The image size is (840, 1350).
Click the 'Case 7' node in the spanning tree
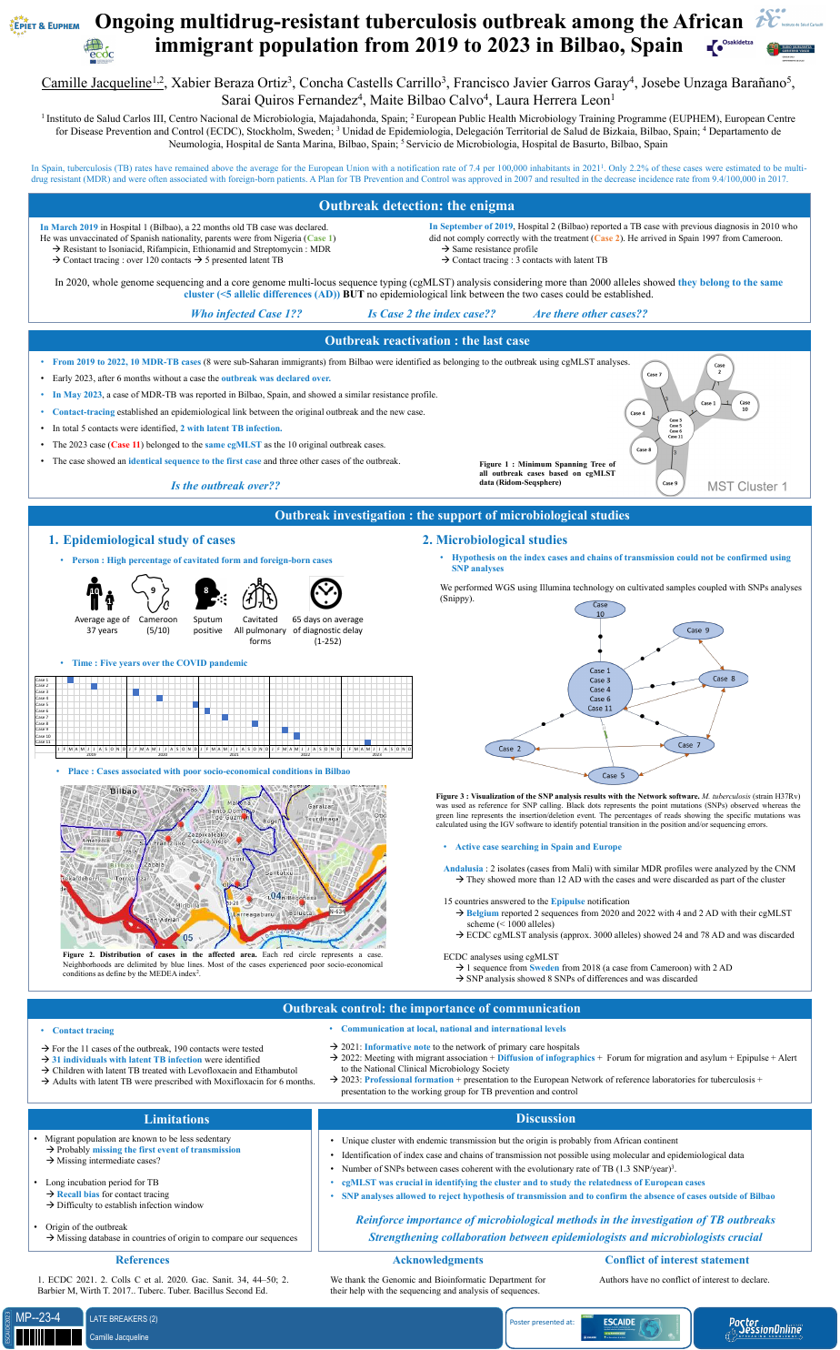pos(654,374)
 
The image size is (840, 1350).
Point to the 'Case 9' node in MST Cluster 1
pos(669,482)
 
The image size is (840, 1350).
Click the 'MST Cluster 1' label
pos(747,487)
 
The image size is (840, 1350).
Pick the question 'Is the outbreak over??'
pos(225,486)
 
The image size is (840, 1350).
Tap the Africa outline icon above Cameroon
pos(152,593)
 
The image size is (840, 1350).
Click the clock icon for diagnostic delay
pos(325,593)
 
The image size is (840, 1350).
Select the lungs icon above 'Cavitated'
pos(260,596)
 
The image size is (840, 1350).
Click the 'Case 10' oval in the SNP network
pos(600,610)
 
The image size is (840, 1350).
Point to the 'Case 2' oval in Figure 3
pos(510,749)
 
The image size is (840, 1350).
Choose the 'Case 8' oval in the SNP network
pos(730,679)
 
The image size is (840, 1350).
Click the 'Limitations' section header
pos(176,1119)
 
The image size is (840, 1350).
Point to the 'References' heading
pos(143,1260)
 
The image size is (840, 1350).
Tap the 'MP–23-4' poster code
pos(38,1317)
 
